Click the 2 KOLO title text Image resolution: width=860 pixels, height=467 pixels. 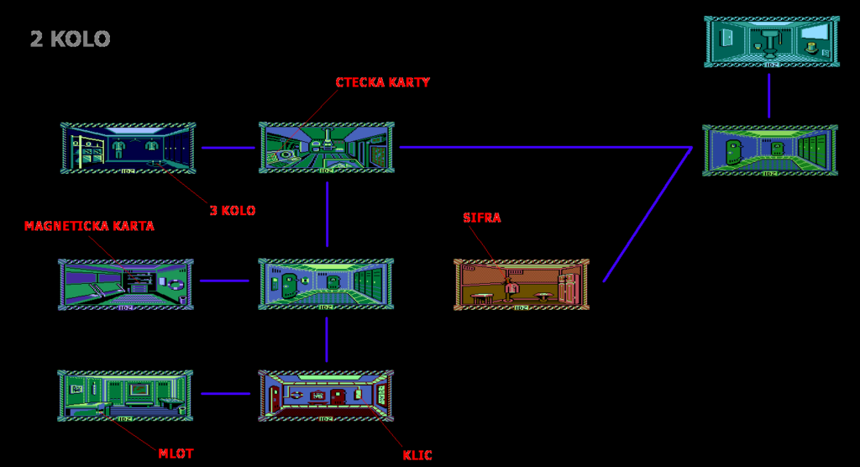pyautogui.click(x=71, y=39)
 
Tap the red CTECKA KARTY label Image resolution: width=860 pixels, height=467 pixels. pyautogui.click(x=383, y=82)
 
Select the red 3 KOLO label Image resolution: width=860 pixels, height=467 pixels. pyautogui.click(x=233, y=211)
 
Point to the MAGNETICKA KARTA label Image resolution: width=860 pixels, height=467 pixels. pyautogui.click(x=89, y=226)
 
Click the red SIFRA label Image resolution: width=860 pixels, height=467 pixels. pyautogui.click(x=482, y=218)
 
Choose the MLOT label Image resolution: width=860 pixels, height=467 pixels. pyautogui.click(x=176, y=454)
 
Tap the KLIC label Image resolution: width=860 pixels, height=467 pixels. pyautogui.click(x=417, y=455)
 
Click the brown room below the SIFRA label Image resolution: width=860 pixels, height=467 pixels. pyautogui.click(x=522, y=284)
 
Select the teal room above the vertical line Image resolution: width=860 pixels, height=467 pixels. pyautogui.click(x=772, y=42)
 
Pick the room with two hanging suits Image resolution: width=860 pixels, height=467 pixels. pyautogui.click(x=128, y=148)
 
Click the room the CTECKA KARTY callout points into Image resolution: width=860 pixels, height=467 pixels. pyautogui.click(x=327, y=148)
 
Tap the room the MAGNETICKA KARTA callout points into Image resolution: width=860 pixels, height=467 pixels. pyautogui.click(x=126, y=285)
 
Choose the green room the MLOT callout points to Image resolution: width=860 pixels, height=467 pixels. pyautogui.click(x=126, y=396)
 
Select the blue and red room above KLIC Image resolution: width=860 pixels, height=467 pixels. pyautogui.click(x=327, y=396)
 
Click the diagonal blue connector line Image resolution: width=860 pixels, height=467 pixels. pyautogui.click(x=648, y=214)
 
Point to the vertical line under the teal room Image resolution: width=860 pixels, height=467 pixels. pyautogui.click(x=769, y=96)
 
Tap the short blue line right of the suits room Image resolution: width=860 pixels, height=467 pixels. pyautogui.click(x=228, y=148)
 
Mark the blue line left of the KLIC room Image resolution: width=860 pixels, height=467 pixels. pyautogui.click(x=226, y=393)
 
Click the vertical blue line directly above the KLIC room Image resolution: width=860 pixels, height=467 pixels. pyautogui.click(x=327, y=339)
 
